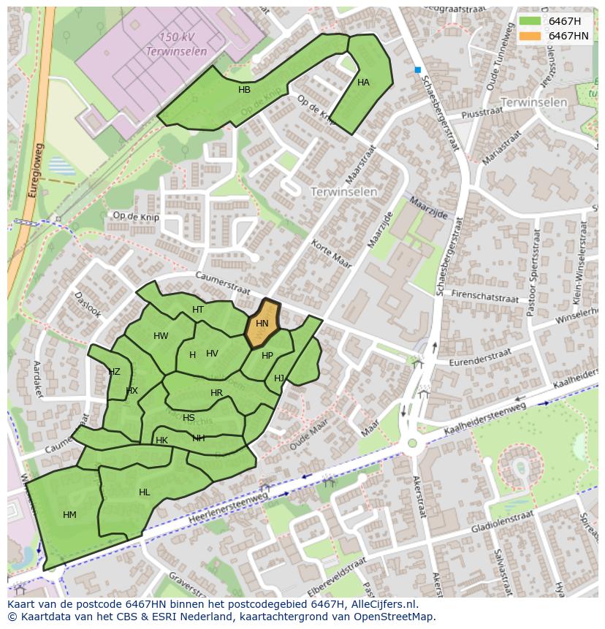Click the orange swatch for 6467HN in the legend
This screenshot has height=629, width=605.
[x=530, y=36]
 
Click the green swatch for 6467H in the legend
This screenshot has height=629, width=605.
[x=530, y=21]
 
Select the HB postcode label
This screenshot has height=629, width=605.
[x=244, y=90]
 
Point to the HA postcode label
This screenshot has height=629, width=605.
[x=363, y=83]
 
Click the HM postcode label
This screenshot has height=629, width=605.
[x=69, y=515]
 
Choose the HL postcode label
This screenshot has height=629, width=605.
[x=144, y=492]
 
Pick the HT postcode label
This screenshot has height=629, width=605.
[x=198, y=310]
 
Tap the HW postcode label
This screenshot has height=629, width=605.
[x=161, y=336]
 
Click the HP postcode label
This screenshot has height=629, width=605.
[x=267, y=356]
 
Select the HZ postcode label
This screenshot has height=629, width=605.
[x=114, y=372]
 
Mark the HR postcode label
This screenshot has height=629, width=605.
[x=216, y=393]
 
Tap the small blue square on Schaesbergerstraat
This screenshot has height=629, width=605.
[x=418, y=70]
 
